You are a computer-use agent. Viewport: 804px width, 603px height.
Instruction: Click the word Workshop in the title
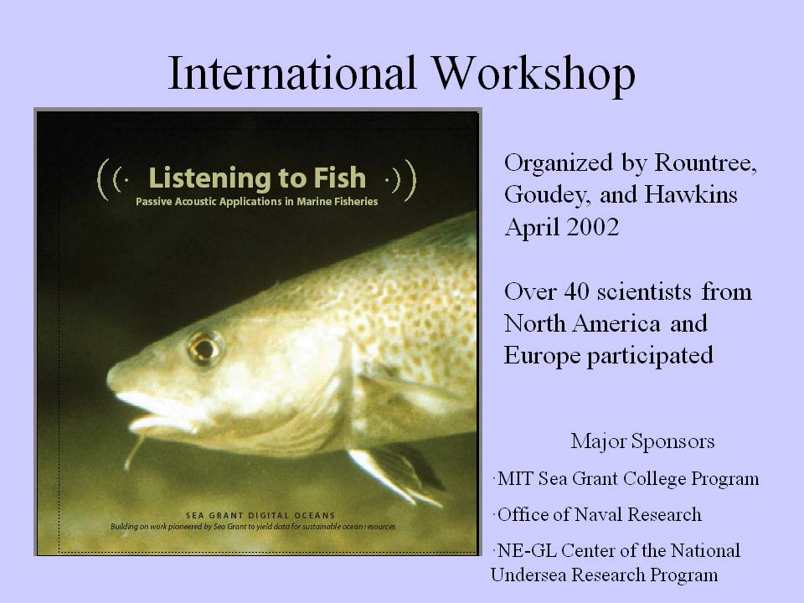[533, 75]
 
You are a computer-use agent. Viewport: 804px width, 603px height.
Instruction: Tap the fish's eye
[204, 348]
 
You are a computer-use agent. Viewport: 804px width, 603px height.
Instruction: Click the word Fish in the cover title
[339, 178]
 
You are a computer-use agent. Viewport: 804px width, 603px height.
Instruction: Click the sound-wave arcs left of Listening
[111, 179]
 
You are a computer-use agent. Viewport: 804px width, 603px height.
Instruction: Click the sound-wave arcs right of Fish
[401, 179]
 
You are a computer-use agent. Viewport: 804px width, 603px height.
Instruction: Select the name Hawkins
[691, 195]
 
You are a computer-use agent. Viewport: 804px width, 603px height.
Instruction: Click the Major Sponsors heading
[642, 441]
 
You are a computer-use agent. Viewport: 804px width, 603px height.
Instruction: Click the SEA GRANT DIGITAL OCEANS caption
[260, 515]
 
